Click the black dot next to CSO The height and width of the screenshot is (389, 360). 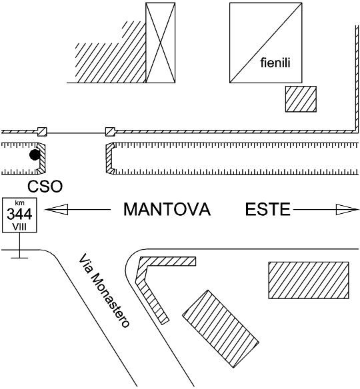click(x=35, y=155)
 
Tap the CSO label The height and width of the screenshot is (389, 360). click(x=45, y=187)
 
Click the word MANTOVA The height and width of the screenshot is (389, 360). click(x=167, y=209)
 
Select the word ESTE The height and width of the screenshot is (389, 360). click(x=267, y=209)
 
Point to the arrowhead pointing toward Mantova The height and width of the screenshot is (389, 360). click(x=57, y=209)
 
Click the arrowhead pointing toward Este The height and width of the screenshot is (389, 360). click(x=347, y=209)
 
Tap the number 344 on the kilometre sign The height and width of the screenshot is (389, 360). click(x=19, y=214)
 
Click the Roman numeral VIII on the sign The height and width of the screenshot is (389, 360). click(x=19, y=226)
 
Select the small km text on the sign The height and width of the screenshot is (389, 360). click(x=19, y=202)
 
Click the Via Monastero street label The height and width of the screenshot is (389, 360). click(x=104, y=290)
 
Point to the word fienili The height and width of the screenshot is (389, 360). click(x=275, y=63)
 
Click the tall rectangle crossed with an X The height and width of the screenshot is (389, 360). click(x=161, y=43)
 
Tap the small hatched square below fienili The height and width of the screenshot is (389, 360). click(x=301, y=99)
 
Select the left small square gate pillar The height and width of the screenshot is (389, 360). click(x=42, y=132)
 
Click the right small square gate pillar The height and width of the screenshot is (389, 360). click(x=110, y=132)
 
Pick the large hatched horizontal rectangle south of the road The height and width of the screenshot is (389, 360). click(x=309, y=280)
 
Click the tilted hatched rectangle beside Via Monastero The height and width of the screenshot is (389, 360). click(x=221, y=328)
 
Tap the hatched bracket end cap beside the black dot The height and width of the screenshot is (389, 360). click(x=42, y=158)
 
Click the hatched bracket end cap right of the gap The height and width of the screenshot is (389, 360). click(x=110, y=158)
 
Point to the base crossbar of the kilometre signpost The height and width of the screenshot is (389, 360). click(x=19, y=258)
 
